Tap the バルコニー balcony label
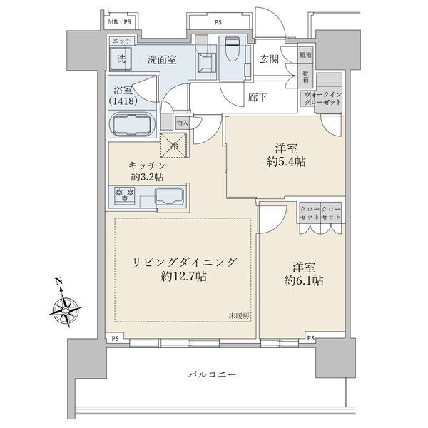click(x=213, y=374)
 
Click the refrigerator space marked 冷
click(x=173, y=146)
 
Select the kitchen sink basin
click(x=169, y=197)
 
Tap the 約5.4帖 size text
click(x=287, y=162)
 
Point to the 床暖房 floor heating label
click(x=239, y=315)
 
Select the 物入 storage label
click(x=181, y=123)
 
